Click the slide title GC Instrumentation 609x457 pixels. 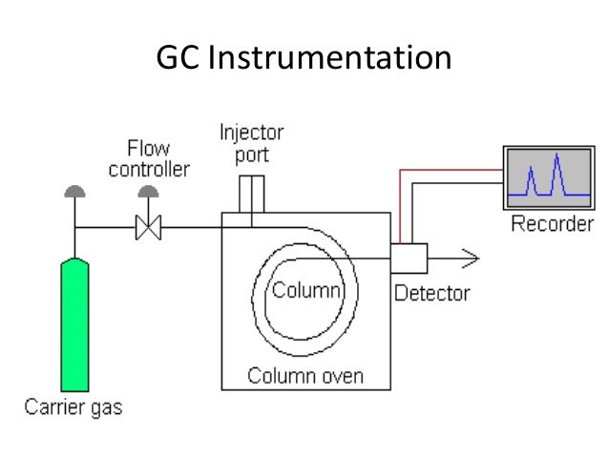[303, 59]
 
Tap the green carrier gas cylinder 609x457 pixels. [74, 324]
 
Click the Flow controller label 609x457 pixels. [148, 160]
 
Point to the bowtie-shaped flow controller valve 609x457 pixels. [148, 228]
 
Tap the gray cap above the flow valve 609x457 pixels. [148, 193]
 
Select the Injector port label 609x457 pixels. [251, 141]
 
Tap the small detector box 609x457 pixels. [409, 258]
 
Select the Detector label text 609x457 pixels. [431, 293]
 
